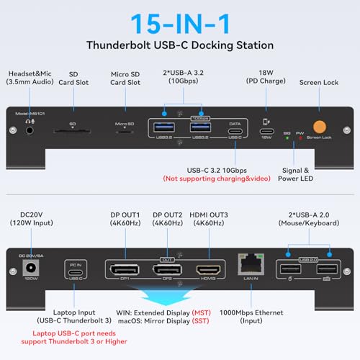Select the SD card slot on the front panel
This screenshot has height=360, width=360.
click(72, 132)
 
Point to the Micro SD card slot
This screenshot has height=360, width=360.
click(125, 132)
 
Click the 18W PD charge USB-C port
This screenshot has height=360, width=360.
click(268, 132)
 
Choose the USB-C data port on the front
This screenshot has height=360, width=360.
click(235, 132)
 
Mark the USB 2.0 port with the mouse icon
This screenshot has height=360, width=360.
click(290, 268)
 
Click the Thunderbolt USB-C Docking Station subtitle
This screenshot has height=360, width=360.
click(180, 45)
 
